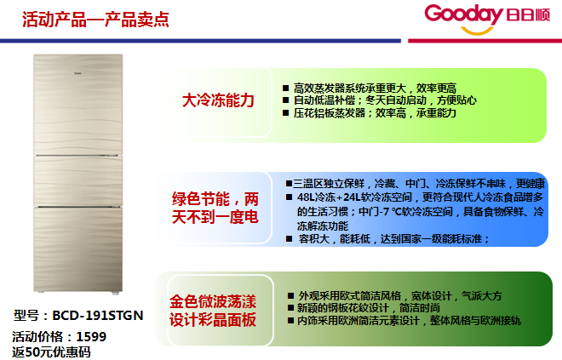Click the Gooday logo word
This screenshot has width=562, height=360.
pyautogui.click(x=464, y=14)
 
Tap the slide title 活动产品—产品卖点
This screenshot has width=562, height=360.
pyautogui.click(x=95, y=20)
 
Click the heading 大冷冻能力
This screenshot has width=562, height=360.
pyautogui.click(x=218, y=100)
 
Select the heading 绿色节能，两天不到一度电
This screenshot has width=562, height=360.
pyautogui.click(x=215, y=208)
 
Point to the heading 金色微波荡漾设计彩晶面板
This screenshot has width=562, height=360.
pyautogui.click(x=213, y=311)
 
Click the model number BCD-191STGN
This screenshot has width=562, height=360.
pyautogui.click(x=98, y=315)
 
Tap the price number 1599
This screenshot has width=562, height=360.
pyautogui.click(x=91, y=337)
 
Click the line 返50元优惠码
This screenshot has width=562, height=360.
pyautogui.click(x=51, y=352)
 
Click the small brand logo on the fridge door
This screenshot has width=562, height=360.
pyautogui.click(x=78, y=73)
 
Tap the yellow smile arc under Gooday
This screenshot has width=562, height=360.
pyautogui.click(x=477, y=31)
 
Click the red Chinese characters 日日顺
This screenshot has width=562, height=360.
pyautogui.click(x=528, y=15)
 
